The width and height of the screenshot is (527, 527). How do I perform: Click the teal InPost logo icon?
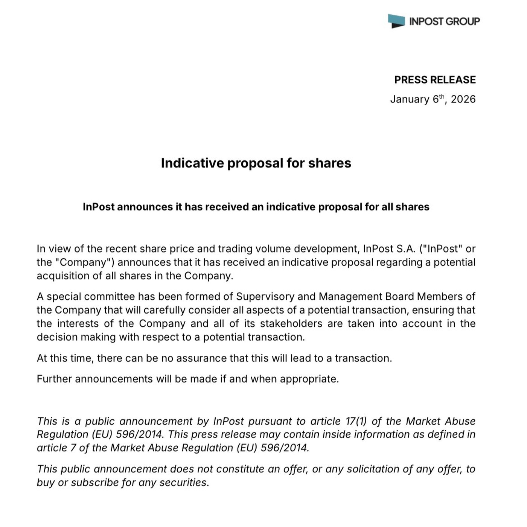tap(396, 21)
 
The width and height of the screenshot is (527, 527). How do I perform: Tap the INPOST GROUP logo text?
tap(445, 21)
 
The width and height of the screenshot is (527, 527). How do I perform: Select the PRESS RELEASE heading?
tap(435, 80)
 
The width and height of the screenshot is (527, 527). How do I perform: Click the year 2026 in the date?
tap(463, 99)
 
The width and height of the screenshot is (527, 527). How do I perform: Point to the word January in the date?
tap(410, 99)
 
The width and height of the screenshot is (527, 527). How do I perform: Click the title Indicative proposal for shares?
tap(256, 163)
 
